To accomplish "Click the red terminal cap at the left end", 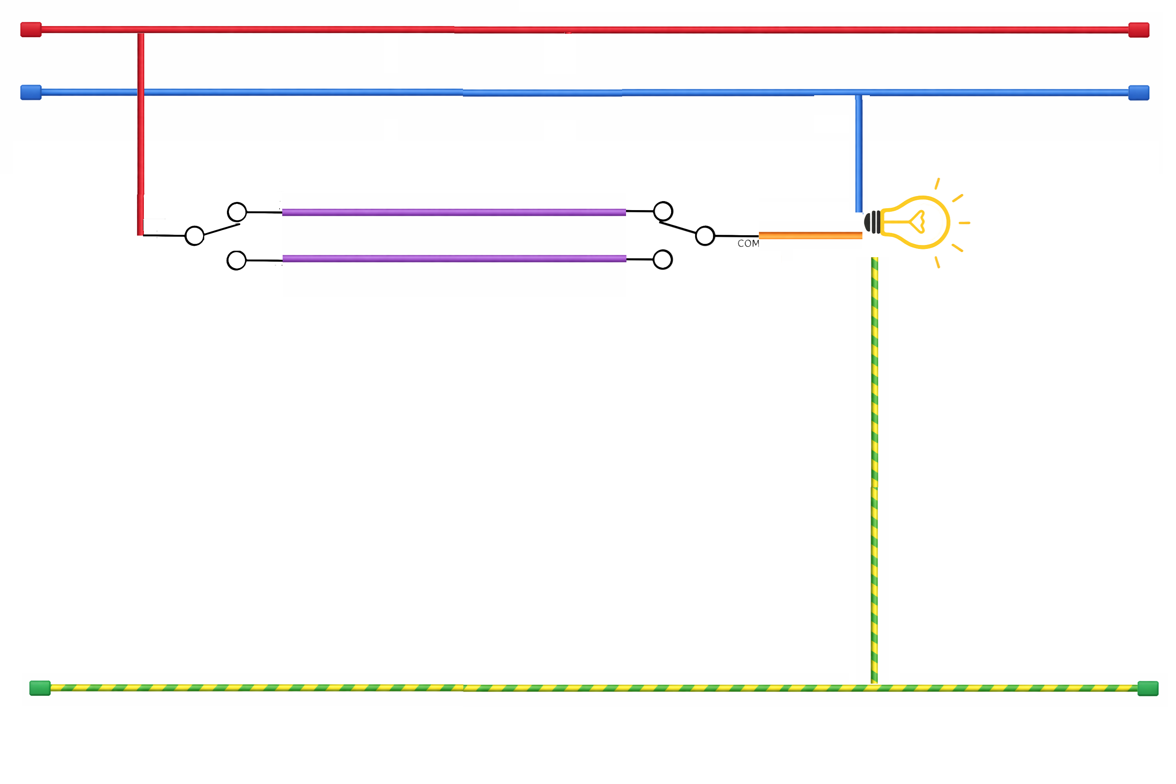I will [31, 29].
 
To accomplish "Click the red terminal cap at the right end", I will [1138, 30].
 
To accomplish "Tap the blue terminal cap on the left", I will [31, 93].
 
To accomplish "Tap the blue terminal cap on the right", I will [1138, 93].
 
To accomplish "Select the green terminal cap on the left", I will [40, 688].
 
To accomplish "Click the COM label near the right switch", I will [748, 243].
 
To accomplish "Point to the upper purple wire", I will [454, 212].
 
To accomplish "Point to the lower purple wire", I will [454, 258].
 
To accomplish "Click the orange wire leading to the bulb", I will [810, 236].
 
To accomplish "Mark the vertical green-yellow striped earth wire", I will [875, 470].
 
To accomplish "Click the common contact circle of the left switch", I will [194, 236].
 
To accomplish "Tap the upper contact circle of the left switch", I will [237, 212].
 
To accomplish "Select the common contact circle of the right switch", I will [705, 236].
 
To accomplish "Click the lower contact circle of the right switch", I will [662, 260].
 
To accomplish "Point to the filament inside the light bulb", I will [916, 221].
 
